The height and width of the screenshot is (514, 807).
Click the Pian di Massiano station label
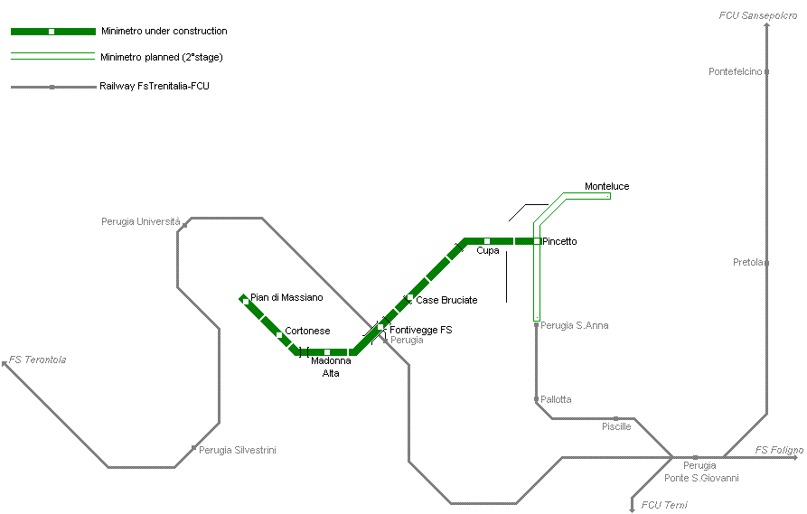click(x=286, y=297)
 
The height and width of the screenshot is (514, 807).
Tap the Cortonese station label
click(x=307, y=331)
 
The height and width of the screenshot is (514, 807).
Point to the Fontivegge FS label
click(x=420, y=330)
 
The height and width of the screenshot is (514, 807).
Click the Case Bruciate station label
click(x=446, y=300)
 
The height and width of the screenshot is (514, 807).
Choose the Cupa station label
click(x=488, y=251)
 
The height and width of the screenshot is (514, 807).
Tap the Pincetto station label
click(x=559, y=241)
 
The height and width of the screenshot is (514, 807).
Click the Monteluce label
click(x=606, y=186)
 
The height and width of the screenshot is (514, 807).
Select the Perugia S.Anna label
click(x=574, y=325)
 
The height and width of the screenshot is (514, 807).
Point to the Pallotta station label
click(x=556, y=399)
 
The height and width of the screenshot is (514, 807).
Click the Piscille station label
click(x=616, y=426)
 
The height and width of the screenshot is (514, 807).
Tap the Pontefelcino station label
click(x=736, y=71)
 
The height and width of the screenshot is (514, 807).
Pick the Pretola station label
click(x=748, y=263)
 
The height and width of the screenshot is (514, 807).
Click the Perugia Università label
click(x=141, y=221)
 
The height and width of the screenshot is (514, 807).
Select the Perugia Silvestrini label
click(x=237, y=450)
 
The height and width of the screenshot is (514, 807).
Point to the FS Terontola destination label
click(x=38, y=360)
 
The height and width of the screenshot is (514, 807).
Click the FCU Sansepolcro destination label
click(x=757, y=16)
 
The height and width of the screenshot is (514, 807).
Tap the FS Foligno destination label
click(x=778, y=450)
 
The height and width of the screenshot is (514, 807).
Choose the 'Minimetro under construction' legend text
click(x=164, y=31)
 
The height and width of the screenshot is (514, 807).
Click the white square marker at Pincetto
click(x=537, y=241)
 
